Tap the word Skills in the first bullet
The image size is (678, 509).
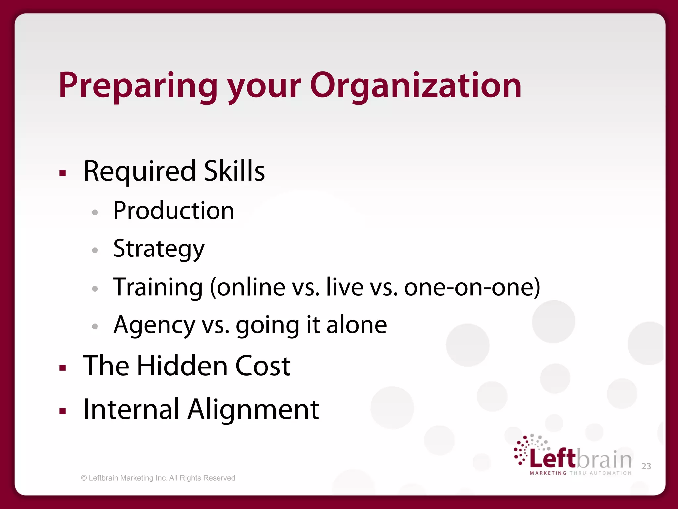[x=234, y=171]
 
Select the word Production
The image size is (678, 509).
[x=173, y=211]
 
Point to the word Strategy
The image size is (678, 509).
[x=159, y=249]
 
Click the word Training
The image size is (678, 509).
[x=158, y=287]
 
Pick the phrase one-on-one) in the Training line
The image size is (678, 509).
[x=472, y=287]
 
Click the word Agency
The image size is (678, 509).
[x=154, y=325]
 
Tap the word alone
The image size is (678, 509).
[x=357, y=325]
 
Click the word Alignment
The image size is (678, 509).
[x=253, y=410]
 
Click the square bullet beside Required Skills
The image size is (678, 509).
[x=63, y=173]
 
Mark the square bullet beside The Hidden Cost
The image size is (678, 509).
[x=63, y=368]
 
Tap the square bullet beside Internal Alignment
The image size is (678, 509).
[x=63, y=411]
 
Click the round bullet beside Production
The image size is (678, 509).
[x=95, y=212]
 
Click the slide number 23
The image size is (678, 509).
[x=646, y=466]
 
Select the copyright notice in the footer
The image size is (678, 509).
[x=158, y=478]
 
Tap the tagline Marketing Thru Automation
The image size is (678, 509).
[x=581, y=473]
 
